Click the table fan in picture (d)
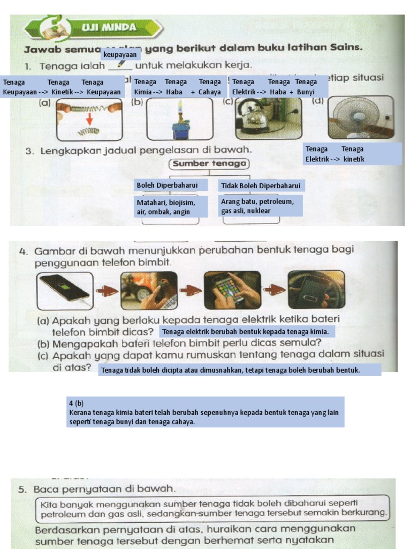pos(356,117)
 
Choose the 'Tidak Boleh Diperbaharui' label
pos(261,186)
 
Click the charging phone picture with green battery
pos(65,290)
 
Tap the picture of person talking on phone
pos(148,291)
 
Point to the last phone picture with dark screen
pos(316,290)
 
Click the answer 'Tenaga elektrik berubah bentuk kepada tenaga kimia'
pos(246,331)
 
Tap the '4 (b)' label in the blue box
pos(76,403)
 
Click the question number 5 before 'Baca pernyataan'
pos(22,489)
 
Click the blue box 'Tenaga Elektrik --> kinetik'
pos(352,154)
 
